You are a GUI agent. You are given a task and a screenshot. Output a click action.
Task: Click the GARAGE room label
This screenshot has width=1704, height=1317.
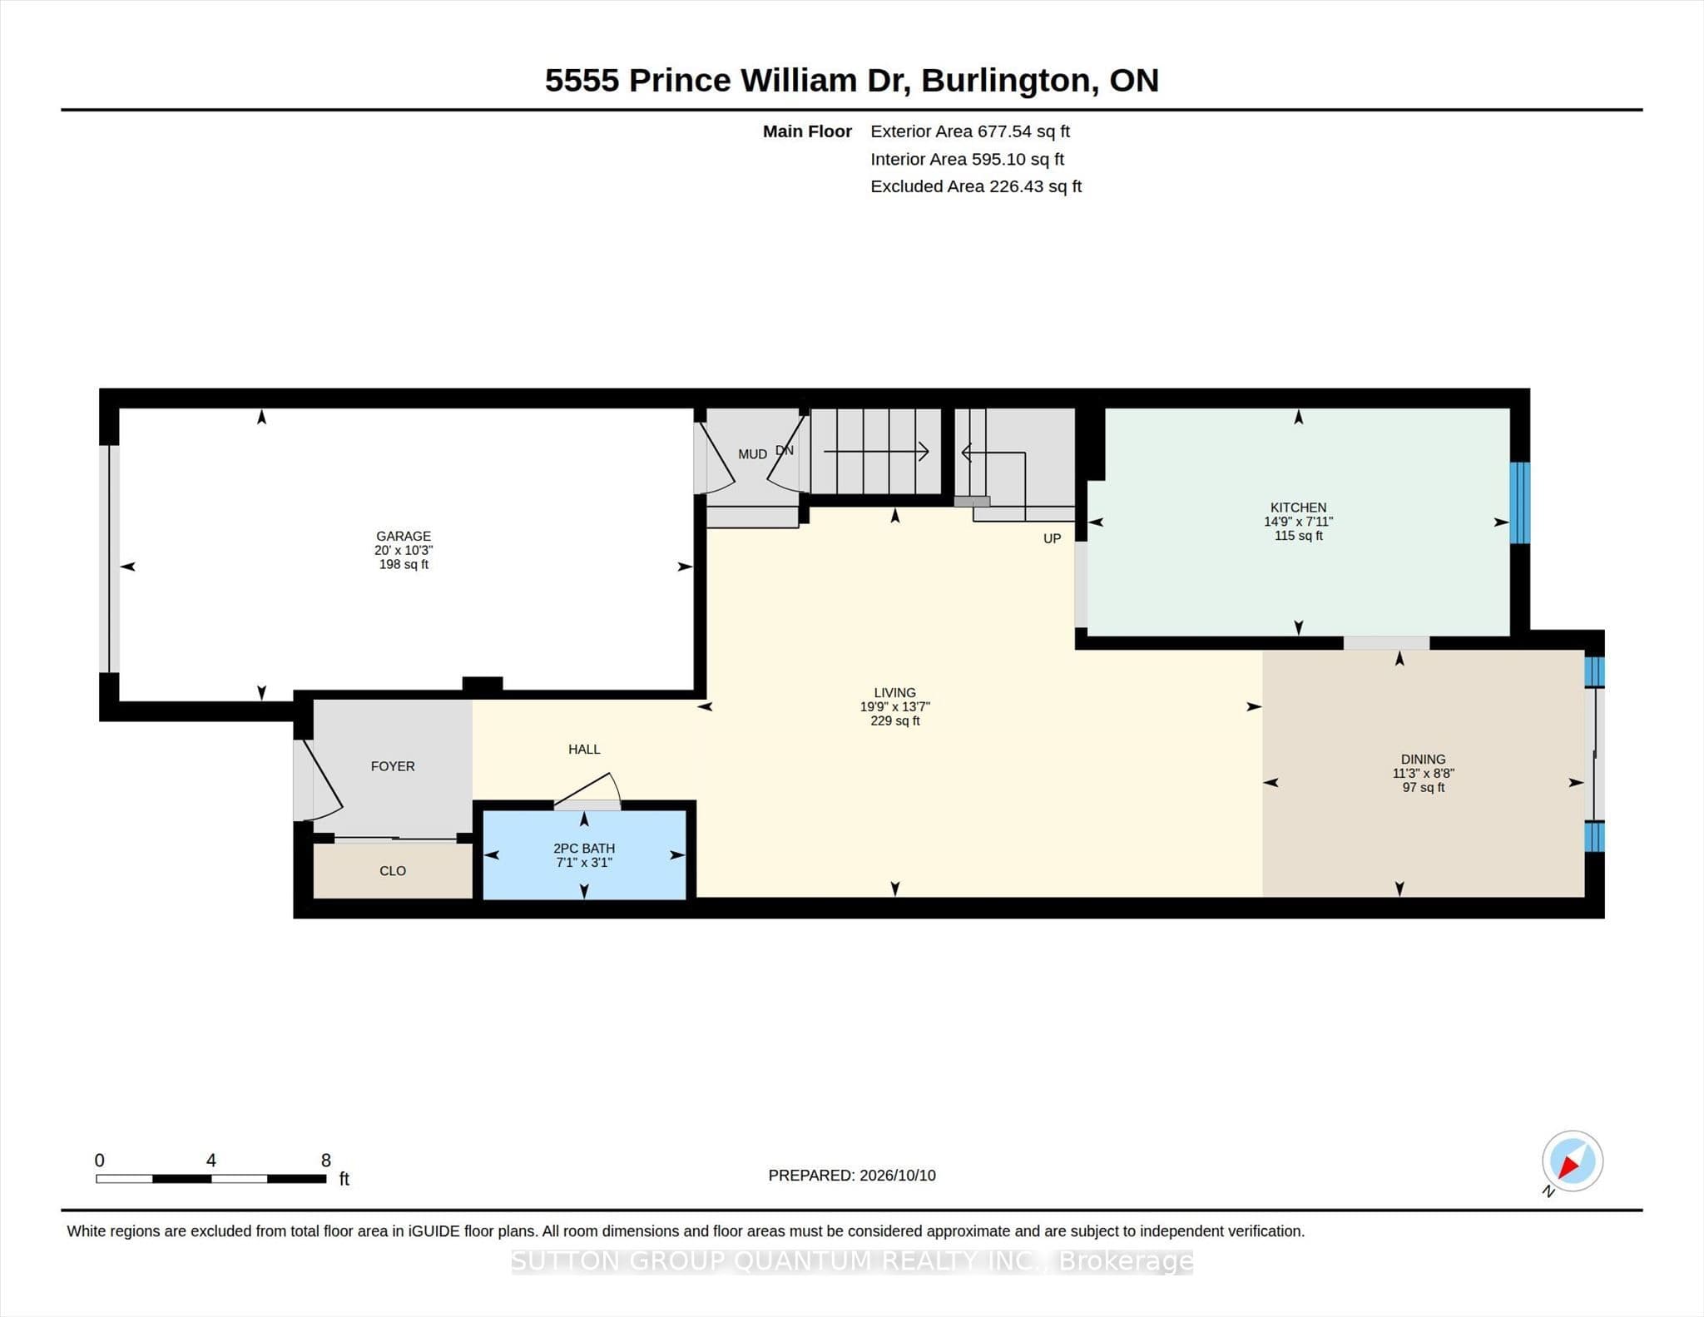pos(404,536)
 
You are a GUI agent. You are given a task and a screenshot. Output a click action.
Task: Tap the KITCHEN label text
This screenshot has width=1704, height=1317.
pos(1298,507)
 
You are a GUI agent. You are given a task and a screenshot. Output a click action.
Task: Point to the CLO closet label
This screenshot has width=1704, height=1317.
pos(393,871)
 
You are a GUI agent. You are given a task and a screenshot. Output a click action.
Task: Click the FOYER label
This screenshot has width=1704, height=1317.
pos(393,766)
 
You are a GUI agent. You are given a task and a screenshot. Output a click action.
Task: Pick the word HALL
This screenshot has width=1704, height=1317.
pos(584,749)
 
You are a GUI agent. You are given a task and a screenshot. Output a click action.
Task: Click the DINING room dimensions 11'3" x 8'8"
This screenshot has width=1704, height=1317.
pos(1423,773)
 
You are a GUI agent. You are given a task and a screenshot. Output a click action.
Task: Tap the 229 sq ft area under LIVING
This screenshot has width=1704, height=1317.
pos(894,720)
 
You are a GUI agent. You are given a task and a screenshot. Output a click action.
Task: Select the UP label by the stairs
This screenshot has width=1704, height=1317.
pos(1052,538)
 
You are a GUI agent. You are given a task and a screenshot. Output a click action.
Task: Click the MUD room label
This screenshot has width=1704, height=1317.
pos(752,454)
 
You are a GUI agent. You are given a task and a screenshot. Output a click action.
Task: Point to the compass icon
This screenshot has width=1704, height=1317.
pos(1572,1161)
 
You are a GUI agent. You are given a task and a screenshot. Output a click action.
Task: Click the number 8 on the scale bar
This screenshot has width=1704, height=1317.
pos(326,1160)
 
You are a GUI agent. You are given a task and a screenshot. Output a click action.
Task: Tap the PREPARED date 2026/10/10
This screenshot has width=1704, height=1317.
pos(898,1176)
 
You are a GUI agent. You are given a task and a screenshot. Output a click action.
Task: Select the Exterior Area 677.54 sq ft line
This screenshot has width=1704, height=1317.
pos(970,131)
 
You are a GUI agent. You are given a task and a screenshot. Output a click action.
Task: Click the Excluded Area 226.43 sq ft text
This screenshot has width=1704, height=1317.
pos(976,186)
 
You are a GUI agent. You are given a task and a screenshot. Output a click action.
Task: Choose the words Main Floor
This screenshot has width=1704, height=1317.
pos(807,131)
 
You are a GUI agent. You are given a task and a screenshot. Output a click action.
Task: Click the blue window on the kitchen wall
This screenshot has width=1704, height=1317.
pos(1519,503)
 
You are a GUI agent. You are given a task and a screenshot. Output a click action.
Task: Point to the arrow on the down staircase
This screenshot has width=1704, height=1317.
pos(876,452)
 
